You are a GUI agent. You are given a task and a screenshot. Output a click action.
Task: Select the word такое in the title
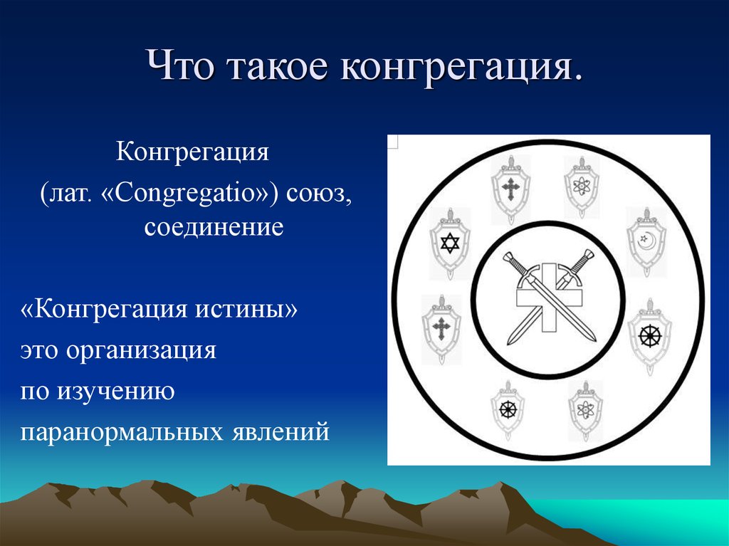(x=279, y=68)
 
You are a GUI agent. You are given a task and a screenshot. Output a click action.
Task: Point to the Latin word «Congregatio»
(x=192, y=195)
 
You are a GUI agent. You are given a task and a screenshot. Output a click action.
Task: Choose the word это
(x=41, y=351)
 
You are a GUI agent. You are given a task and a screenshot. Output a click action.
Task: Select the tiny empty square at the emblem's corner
(x=392, y=142)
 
